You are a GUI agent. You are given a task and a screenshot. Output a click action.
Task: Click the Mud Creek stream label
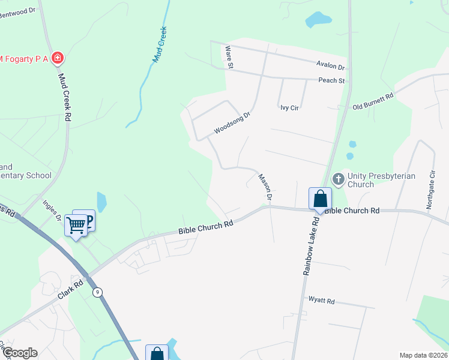[160, 45]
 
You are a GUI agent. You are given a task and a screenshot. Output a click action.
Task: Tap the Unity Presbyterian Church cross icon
[338, 178]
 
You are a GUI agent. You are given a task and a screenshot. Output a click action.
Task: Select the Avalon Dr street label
[331, 67]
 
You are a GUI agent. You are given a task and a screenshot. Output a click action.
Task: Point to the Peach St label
[331, 80]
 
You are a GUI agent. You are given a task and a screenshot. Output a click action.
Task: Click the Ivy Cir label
[289, 108]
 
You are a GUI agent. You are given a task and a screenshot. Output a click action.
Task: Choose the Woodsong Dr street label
[231, 122]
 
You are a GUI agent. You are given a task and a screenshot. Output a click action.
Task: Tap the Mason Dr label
[265, 187]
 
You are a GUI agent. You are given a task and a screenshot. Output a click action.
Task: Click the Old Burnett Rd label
[373, 100]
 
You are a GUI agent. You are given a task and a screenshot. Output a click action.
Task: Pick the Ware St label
[228, 59]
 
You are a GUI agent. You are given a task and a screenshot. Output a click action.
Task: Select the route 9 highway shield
[97, 292]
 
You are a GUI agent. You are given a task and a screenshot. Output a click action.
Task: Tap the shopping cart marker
[76, 225]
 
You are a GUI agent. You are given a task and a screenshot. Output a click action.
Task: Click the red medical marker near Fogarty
[58, 58]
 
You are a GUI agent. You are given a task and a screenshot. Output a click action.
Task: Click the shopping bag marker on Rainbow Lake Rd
[321, 198]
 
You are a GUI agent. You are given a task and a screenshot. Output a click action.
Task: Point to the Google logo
[19, 352]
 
